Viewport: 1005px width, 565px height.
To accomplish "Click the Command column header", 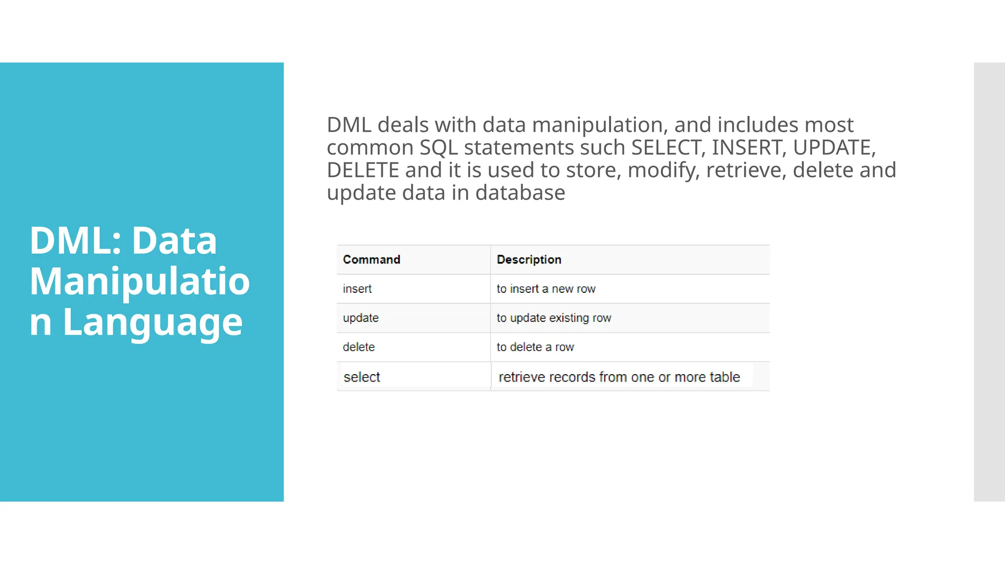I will point(371,259).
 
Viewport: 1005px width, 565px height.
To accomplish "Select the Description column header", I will point(529,259).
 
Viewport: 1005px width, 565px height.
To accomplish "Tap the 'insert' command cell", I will point(357,289).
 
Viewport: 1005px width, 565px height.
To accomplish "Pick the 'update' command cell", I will point(361,318).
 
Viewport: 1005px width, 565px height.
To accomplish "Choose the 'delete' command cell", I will point(359,347).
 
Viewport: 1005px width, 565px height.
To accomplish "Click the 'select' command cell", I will point(362,377).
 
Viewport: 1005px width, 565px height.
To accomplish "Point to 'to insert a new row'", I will point(546,289).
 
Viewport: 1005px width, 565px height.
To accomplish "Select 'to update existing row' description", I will point(554,318).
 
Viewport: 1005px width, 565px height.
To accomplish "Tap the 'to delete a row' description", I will point(535,347).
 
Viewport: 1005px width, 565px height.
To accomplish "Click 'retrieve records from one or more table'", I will point(619,377).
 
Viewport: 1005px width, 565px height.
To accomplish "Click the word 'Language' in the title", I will point(153,322).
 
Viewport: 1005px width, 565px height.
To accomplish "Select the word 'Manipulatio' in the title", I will point(140,281).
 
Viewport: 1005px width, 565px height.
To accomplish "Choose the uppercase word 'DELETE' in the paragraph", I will point(363,170).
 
